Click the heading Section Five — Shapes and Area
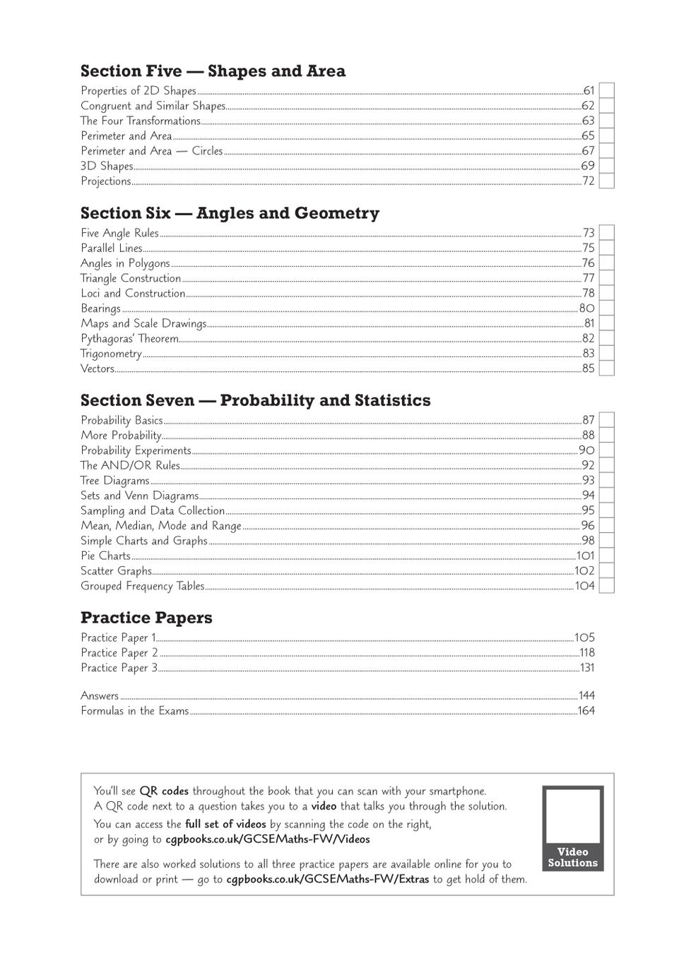[213, 71]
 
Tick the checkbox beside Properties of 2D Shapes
[606, 90]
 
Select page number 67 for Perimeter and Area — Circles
[588, 151]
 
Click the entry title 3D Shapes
[107, 167]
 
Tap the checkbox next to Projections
[606, 181]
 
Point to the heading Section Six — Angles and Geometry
[230, 213]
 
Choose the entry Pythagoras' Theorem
[129, 339]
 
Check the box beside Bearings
[606, 308]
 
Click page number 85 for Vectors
[588, 368]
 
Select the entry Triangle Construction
[131, 279]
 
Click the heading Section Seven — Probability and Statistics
[255, 400]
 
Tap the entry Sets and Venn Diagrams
[139, 496]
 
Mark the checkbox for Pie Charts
[606, 556]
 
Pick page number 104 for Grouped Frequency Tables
[585, 586]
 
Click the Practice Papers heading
[146, 618]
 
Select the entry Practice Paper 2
[119, 653]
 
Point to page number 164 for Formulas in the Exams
[586, 711]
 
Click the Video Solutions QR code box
[572, 828]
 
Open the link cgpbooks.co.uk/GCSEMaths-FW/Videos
[268, 839]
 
